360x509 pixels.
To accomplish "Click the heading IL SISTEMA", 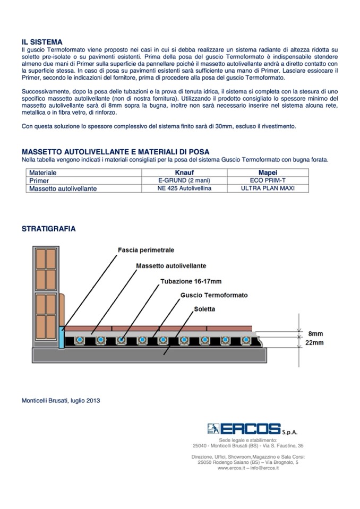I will [42, 42].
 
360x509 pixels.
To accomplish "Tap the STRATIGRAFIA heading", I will [48, 229].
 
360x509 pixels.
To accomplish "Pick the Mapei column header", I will [267, 173].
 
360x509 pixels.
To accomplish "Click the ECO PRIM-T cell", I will [267, 180].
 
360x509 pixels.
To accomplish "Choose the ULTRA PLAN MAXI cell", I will [267, 188].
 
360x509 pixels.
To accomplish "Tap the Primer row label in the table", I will [39, 181].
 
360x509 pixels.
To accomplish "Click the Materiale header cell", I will [43, 173].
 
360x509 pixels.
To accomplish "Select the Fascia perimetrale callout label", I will [146, 249].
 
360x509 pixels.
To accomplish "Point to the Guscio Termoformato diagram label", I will [214, 295].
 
